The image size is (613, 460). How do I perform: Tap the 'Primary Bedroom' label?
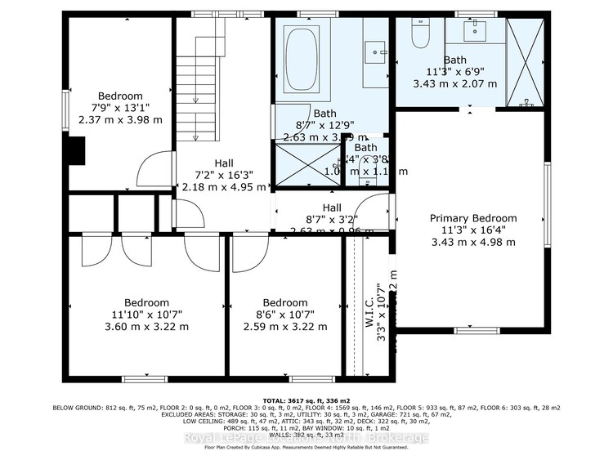474,218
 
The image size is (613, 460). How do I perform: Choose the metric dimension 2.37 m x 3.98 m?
120,119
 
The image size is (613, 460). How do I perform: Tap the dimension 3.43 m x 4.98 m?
474,243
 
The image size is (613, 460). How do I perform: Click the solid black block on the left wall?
73,151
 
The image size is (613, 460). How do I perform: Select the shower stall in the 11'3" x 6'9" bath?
525,61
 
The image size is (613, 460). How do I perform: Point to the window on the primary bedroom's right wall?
547,203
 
